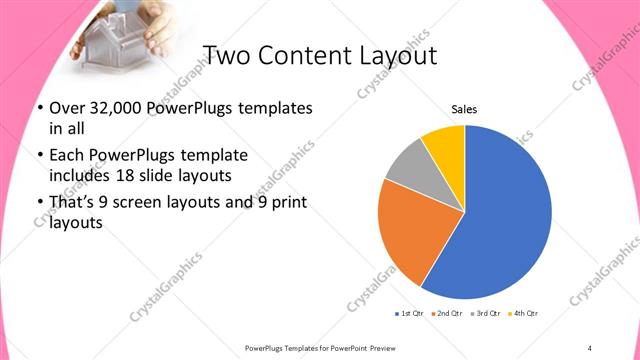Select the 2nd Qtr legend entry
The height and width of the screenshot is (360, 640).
(x=446, y=314)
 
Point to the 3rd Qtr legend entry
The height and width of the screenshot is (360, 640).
(x=484, y=314)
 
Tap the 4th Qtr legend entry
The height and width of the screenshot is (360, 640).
(x=522, y=314)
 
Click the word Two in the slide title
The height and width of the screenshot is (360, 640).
(x=226, y=55)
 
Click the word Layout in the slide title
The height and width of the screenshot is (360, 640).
(x=393, y=55)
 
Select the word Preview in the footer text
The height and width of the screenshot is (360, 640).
(x=383, y=347)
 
